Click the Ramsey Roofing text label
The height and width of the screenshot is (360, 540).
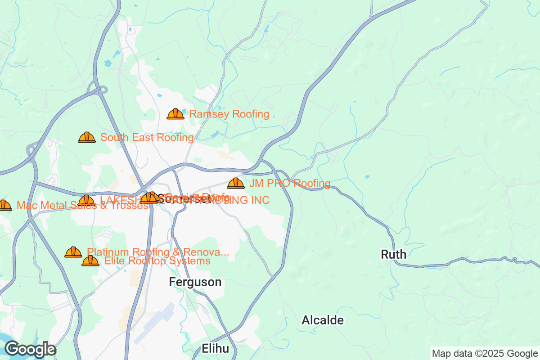click(x=229, y=114)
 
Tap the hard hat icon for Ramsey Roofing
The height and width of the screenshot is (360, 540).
click(x=175, y=114)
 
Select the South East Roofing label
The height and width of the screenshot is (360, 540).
click(x=147, y=138)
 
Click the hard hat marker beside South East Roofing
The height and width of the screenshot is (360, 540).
click(x=86, y=137)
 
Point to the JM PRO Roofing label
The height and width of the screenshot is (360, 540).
click(x=290, y=184)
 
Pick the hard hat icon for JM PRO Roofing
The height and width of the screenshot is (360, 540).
click(x=235, y=183)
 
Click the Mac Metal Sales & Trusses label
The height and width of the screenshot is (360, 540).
click(x=82, y=206)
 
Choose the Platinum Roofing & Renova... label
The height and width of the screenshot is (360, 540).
click(x=158, y=252)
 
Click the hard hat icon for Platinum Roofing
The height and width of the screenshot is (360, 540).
click(x=73, y=252)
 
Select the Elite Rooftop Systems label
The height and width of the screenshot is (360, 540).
click(x=157, y=261)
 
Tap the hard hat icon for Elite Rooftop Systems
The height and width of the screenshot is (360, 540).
click(x=90, y=261)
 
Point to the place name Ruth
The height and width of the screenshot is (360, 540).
click(x=393, y=255)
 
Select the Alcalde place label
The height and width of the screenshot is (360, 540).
click(x=322, y=320)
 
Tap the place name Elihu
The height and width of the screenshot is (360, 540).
click(x=215, y=348)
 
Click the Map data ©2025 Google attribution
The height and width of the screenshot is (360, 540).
click(x=485, y=353)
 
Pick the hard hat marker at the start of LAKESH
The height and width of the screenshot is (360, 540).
click(x=86, y=200)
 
